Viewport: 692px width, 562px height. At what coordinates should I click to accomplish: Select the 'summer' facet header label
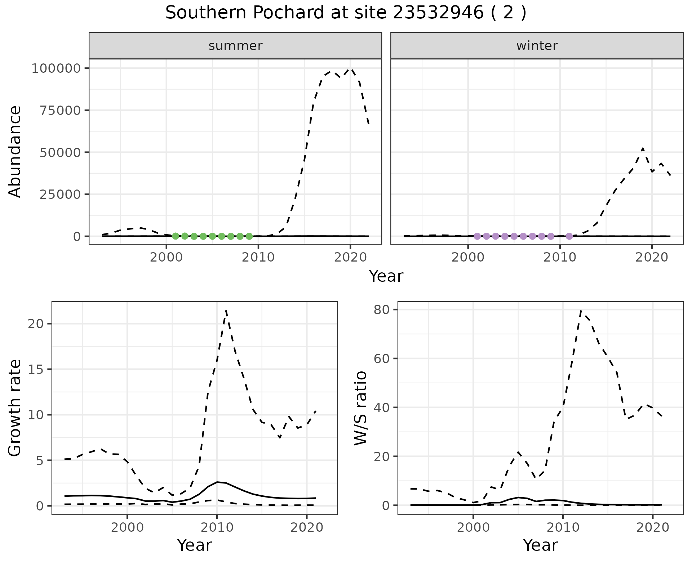pyautogui.click(x=235, y=46)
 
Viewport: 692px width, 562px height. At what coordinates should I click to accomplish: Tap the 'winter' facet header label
pyautogui.click(x=537, y=46)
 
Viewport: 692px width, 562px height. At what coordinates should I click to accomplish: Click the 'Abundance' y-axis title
pyautogui.click(x=15, y=151)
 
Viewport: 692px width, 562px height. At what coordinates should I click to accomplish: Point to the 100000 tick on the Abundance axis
pyautogui.click(x=56, y=68)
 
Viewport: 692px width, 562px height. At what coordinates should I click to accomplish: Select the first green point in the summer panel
pyautogui.click(x=176, y=236)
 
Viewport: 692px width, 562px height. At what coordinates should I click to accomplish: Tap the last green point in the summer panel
pyautogui.click(x=249, y=236)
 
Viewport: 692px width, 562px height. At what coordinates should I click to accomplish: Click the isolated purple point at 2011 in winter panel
pyautogui.click(x=569, y=236)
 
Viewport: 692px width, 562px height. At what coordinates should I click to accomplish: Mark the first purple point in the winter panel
pyautogui.click(x=477, y=236)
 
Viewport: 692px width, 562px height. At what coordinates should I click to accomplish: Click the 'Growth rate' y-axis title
pyautogui.click(x=15, y=408)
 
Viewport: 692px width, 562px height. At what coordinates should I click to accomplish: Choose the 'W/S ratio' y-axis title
pyautogui.click(x=360, y=408)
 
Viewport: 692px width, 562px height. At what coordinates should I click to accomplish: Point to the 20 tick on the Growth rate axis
pyautogui.click(x=35, y=324)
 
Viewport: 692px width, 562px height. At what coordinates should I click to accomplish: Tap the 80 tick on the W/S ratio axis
pyautogui.click(x=381, y=309)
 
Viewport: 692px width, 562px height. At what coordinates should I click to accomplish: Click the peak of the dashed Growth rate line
pyautogui.click(x=226, y=310)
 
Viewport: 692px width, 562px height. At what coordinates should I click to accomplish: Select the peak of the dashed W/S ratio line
pyautogui.click(x=581, y=311)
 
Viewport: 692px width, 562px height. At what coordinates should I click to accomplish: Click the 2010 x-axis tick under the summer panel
pyautogui.click(x=258, y=258)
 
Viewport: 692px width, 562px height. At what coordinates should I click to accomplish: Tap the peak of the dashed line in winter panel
pyautogui.click(x=643, y=148)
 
